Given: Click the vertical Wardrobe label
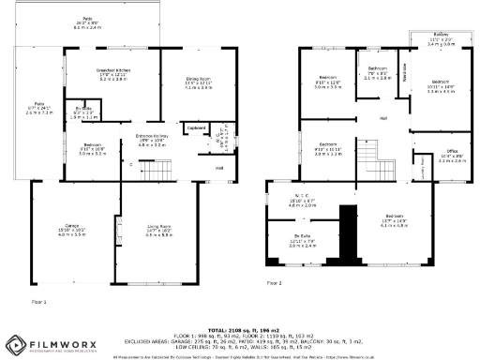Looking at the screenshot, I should pyautogui.click(x=404, y=79).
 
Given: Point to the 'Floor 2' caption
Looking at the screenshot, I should pyautogui.click(x=274, y=281).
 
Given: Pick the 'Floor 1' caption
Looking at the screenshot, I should pyautogui.click(x=39, y=301).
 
